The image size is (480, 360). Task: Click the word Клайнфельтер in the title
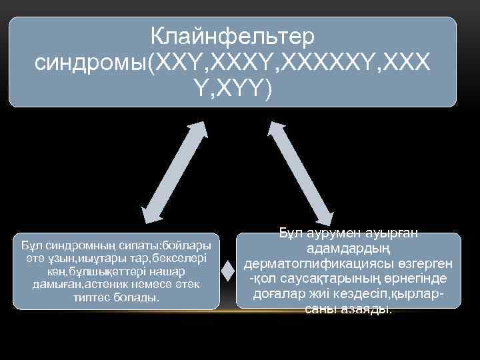coord(232,35)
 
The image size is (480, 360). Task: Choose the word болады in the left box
coord(137,298)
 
